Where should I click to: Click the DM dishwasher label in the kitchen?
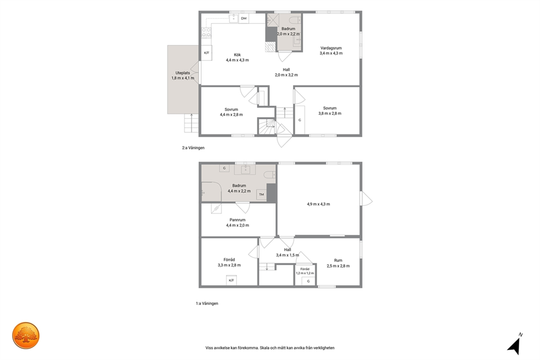point(243,19)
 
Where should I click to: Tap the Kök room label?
point(237,55)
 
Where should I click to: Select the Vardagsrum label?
point(331,48)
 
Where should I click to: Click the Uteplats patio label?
point(182,73)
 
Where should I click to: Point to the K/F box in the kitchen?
point(207,53)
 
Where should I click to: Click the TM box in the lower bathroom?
point(261,194)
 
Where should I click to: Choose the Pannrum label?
point(238,220)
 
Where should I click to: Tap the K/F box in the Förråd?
point(231,280)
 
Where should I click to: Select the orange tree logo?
point(26,335)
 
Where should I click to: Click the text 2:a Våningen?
point(193,148)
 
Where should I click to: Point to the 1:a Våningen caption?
point(207,303)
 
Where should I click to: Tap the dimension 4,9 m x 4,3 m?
point(318,204)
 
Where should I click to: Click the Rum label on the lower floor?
point(338,260)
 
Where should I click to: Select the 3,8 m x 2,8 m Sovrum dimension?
point(330,113)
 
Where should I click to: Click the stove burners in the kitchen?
point(206,32)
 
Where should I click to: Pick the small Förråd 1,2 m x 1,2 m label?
point(305,271)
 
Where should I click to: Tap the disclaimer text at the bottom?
point(270,348)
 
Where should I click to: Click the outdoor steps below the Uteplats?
point(191,123)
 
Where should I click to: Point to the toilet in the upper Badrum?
point(296,19)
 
